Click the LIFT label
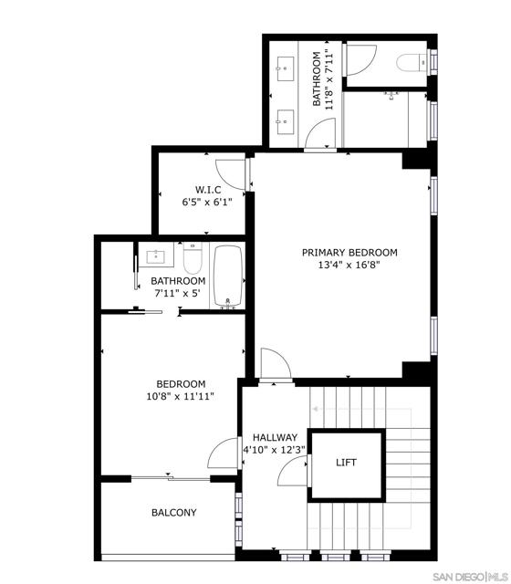(346, 463)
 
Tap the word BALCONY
(173, 513)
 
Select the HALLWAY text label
(275, 437)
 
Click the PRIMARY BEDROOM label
(350, 253)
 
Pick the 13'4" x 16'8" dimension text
(350, 266)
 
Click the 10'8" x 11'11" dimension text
(181, 398)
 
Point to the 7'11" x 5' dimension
(178, 294)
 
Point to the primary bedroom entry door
(275, 362)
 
